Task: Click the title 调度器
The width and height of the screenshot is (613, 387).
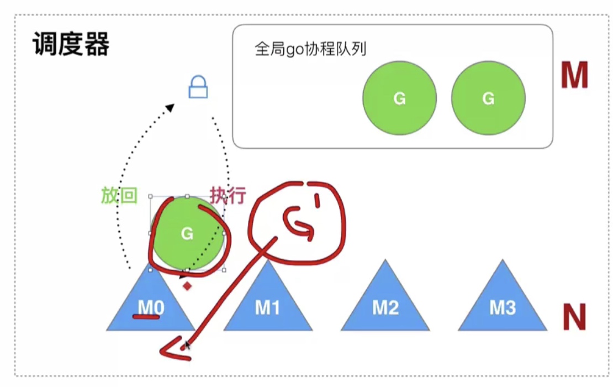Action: [71, 44]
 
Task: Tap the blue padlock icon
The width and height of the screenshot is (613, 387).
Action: [198, 87]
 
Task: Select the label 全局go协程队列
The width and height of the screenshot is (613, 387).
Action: [310, 49]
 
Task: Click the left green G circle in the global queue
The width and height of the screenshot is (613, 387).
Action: [399, 98]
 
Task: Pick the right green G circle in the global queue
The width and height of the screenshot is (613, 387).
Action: [488, 98]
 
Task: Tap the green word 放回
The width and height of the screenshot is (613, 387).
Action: [119, 195]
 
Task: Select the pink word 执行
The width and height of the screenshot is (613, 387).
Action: [228, 195]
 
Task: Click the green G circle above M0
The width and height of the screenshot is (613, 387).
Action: [187, 233]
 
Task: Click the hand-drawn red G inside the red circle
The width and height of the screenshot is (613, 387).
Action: [299, 224]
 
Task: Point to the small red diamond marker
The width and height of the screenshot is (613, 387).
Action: [187, 286]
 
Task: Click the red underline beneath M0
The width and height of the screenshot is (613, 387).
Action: [146, 317]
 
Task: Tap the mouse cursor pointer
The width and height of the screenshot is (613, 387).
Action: [187, 344]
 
